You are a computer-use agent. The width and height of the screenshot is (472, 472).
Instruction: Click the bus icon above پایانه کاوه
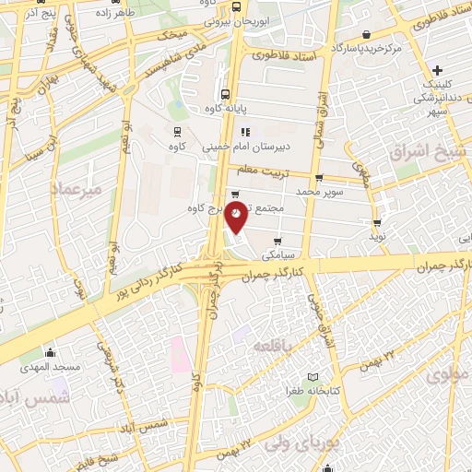click(226, 93)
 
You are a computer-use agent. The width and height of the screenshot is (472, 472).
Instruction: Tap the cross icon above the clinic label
click(438, 70)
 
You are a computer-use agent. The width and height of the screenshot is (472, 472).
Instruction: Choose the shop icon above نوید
click(378, 222)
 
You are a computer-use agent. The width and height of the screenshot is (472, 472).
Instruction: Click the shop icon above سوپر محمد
click(319, 178)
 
